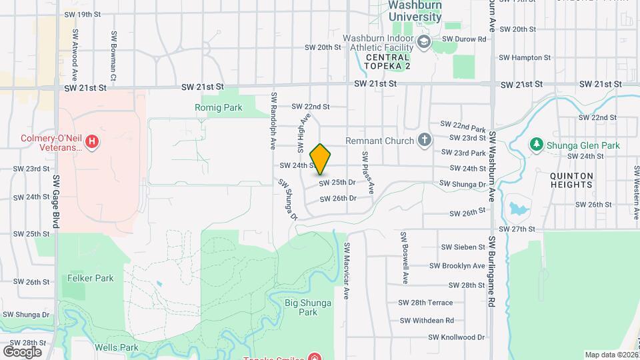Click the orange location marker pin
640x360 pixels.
[321, 159]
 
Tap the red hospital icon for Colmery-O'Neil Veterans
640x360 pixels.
[93, 141]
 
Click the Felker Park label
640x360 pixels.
[90, 278]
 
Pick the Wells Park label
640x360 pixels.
[117, 347]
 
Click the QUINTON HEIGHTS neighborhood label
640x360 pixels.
[571, 181]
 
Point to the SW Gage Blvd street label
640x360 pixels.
[57, 203]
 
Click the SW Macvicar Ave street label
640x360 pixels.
[347, 270]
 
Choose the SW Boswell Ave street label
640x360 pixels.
[404, 258]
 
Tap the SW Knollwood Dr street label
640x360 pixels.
[455, 337]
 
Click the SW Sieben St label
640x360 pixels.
[463, 247]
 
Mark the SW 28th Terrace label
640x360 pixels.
[425, 302]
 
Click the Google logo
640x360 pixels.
[22, 351]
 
